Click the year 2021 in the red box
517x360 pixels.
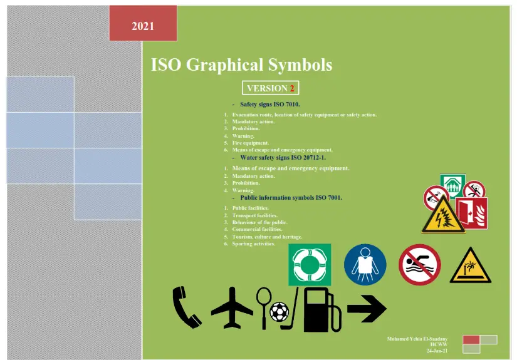click(x=143, y=26)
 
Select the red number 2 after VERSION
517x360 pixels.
click(x=292, y=88)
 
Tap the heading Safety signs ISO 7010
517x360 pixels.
click(x=270, y=104)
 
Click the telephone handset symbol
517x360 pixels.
click(x=187, y=307)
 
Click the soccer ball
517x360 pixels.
click(x=280, y=312)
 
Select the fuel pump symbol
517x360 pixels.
click(x=321, y=310)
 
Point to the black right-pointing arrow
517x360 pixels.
click(x=367, y=308)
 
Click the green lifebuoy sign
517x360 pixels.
click(x=309, y=265)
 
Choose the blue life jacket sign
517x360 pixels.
click(x=365, y=265)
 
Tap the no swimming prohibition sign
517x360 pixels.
click(x=420, y=265)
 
